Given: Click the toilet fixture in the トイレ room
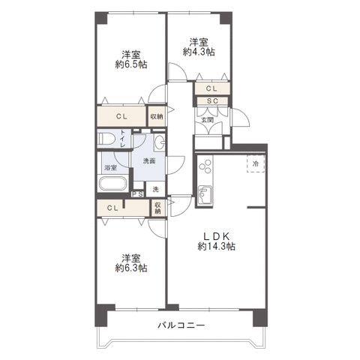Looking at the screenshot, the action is [x=106, y=139].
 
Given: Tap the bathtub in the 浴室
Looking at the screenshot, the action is [x=113, y=184].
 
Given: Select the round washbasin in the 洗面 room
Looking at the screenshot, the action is [x=159, y=142].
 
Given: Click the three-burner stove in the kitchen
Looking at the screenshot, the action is [x=205, y=166].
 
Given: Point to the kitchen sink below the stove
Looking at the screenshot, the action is [x=205, y=195].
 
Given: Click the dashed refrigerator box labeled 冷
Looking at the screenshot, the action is [x=256, y=163].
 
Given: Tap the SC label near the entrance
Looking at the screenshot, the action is [x=212, y=101].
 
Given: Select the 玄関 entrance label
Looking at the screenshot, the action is [x=208, y=120].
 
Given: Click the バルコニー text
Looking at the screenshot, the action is [x=181, y=325].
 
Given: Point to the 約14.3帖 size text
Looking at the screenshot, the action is [x=217, y=247].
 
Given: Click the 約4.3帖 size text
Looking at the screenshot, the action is [x=199, y=52].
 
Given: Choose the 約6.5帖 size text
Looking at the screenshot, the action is [x=131, y=64].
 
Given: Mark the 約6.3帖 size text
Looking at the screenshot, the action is [x=131, y=268].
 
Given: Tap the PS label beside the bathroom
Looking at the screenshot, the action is [x=137, y=194].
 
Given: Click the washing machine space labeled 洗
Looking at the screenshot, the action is [x=155, y=189].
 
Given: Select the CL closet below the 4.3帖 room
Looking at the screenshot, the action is [x=212, y=88].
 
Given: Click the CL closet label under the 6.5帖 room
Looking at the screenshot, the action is [x=121, y=116].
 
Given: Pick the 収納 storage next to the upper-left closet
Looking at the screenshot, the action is [x=157, y=116].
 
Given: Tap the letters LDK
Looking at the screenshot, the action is [x=217, y=235].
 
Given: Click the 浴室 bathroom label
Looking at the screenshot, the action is [x=111, y=168].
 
